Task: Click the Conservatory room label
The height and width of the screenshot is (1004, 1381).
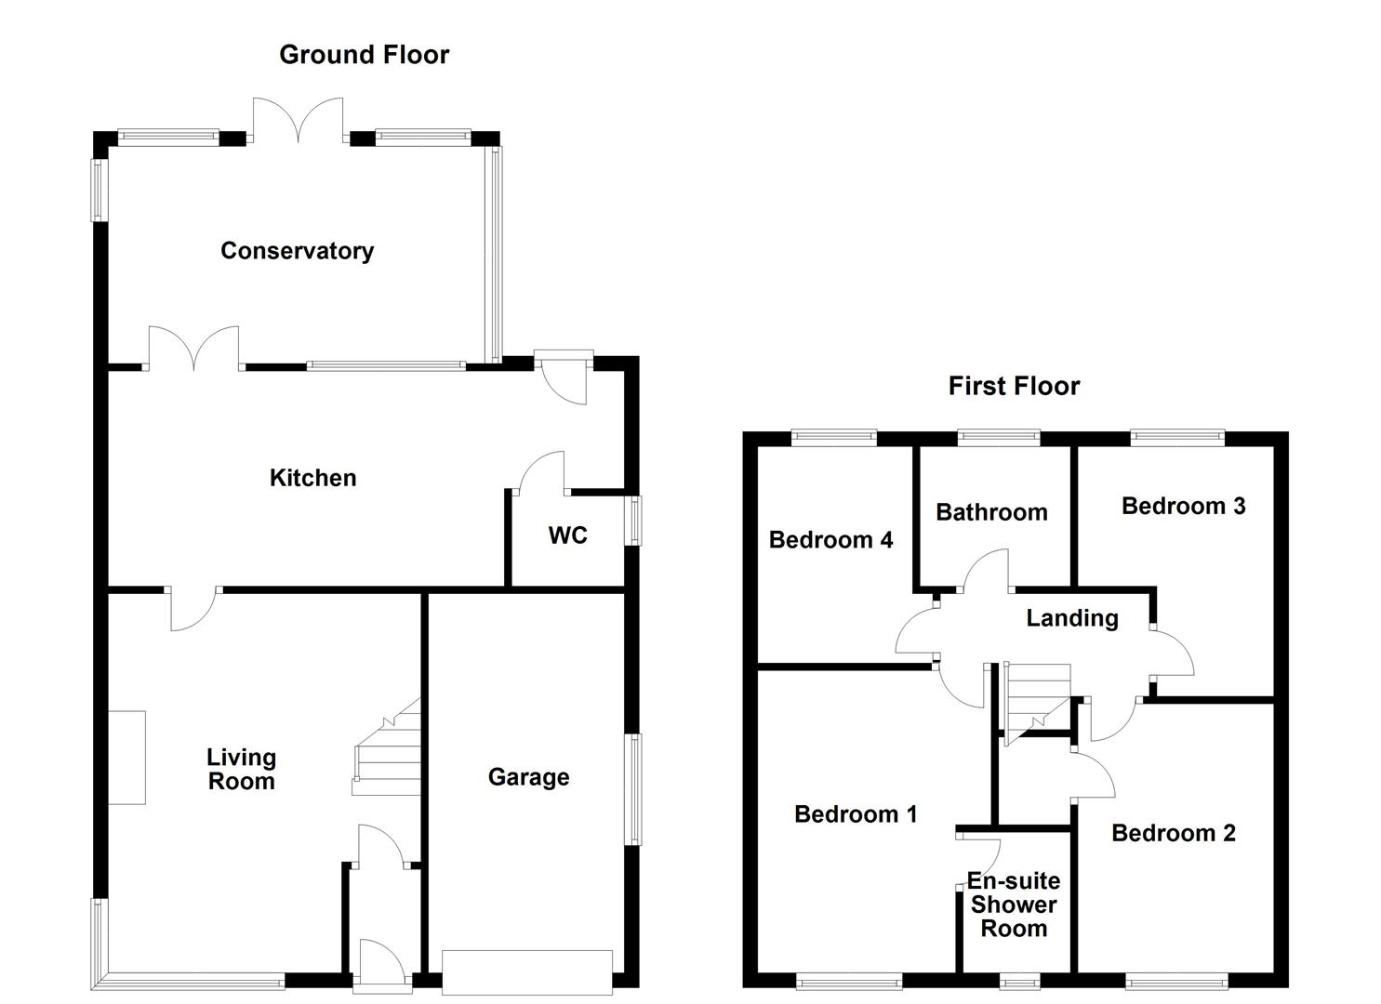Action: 297,251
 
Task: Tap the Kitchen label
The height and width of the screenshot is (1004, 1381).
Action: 312,478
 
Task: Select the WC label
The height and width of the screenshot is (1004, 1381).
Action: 567,535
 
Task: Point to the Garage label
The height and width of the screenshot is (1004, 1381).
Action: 528,777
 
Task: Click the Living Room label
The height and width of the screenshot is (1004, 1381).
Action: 241,770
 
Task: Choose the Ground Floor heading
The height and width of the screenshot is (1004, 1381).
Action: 364,55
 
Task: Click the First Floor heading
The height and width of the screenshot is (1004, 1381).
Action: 1014,386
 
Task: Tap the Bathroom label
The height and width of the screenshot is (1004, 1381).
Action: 991,512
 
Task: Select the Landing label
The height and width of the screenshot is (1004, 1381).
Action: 1071,618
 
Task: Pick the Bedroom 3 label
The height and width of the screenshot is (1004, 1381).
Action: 1183,506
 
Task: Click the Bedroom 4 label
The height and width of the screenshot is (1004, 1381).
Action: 830,540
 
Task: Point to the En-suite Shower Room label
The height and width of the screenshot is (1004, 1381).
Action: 1013,905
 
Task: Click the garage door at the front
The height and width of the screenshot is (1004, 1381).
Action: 527,972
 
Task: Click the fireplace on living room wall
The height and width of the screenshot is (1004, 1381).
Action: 126,758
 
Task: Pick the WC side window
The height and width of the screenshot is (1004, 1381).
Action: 634,520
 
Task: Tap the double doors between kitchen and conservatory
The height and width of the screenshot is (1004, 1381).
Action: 193,350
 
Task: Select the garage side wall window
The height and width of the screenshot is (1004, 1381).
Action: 632,789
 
